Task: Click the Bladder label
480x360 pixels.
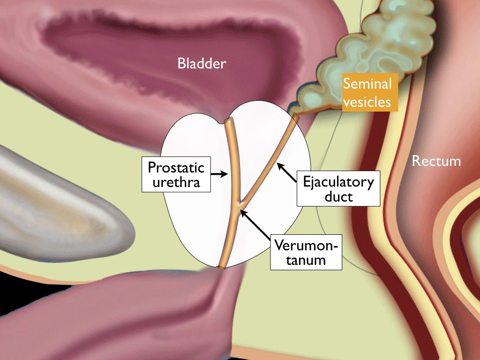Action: [202, 63]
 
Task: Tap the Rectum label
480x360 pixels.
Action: [436, 161]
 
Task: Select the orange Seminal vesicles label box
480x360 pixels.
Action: [369, 92]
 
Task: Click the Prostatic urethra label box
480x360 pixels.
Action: [176, 174]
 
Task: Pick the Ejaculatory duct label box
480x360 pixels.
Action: [338, 188]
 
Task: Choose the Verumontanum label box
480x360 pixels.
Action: [306, 252]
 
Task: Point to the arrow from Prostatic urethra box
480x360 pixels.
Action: [219, 174]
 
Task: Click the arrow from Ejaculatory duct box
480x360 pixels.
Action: [287, 172]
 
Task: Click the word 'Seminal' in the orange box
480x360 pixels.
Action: [367, 83]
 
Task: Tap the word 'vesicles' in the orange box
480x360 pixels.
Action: [367, 102]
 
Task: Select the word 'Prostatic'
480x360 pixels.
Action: [176, 167]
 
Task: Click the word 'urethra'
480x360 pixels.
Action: [176, 182]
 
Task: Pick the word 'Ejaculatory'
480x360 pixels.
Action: [338, 182]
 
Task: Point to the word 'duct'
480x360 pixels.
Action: [338, 196]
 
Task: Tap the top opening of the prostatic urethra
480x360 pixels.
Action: [229, 120]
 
